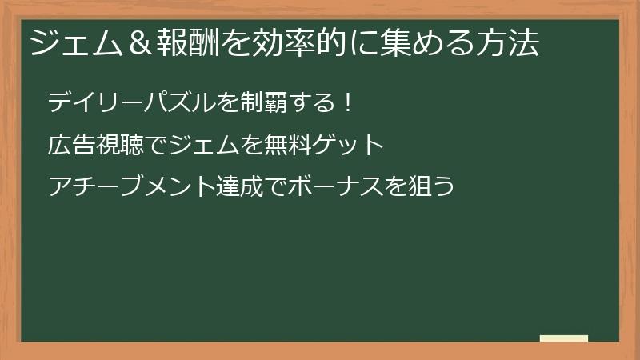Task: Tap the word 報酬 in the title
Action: coord(179,42)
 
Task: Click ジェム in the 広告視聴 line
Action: coord(212,145)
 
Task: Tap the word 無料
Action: coord(294,145)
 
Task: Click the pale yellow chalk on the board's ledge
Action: coord(563,338)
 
